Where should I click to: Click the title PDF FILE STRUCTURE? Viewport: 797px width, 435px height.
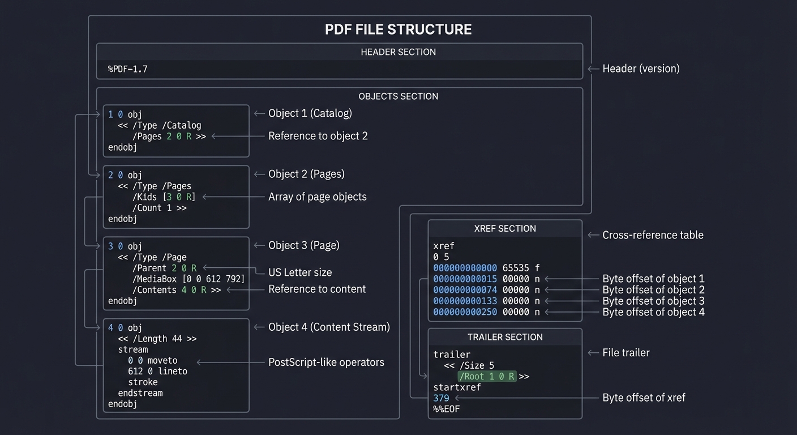pyautogui.click(x=398, y=29)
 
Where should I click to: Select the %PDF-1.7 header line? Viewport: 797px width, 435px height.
pyautogui.click(x=128, y=69)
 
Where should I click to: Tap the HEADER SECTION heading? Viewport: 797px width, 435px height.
pyautogui.click(x=398, y=52)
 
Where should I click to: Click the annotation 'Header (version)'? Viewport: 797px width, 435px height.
pyautogui.click(x=641, y=69)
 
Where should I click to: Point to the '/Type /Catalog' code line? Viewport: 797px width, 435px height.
pyautogui.click(x=160, y=125)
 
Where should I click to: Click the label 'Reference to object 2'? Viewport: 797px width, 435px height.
pyautogui.click(x=318, y=136)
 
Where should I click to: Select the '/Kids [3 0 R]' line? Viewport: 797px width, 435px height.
pyautogui.click(x=164, y=197)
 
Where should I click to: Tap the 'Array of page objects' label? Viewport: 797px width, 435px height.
pyautogui.click(x=317, y=197)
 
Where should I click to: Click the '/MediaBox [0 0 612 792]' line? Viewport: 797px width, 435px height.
pyautogui.click(x=188, y=279)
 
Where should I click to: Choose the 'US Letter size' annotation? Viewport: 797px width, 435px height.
pyautogui.click(x=300, y=272)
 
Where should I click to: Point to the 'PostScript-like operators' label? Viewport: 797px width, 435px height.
pyautogui.click(x=326, y=362)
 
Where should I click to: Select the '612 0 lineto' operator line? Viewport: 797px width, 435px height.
pyautogui.click(x=157, y=372)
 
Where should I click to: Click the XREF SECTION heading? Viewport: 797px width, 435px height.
pyautogui.click(x=505, y=229)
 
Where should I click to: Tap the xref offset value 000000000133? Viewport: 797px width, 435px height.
pyautogui.click(x=465, y=301)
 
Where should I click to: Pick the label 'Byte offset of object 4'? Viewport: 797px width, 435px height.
pyautogui.click(x=653, y=312)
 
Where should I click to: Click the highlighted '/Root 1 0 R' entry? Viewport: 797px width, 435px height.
pyautogui.click(x=487, y=377)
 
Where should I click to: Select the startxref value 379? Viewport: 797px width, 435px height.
pyautogui.click(x=441, y=398)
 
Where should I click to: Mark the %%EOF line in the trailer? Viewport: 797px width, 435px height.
pyautogui.click(x=446, y=409)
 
